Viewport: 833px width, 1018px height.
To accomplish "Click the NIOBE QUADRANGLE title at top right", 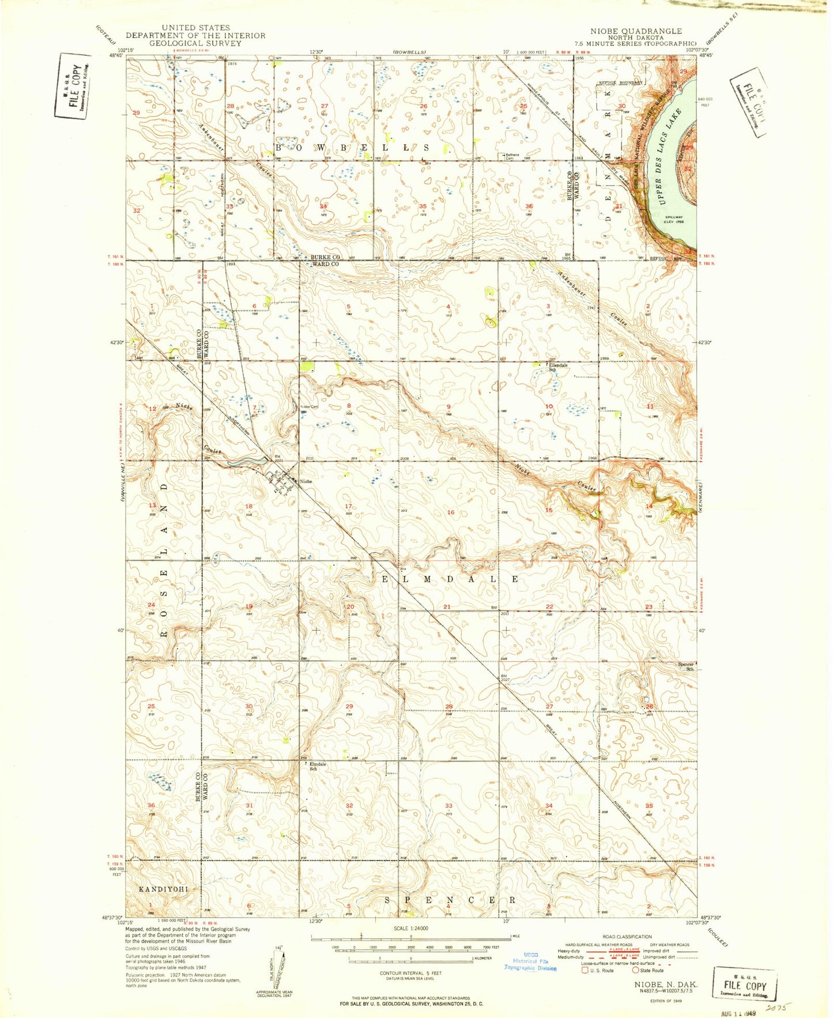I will [635, 31].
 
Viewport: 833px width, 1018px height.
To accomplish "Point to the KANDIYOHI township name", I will [163, 889].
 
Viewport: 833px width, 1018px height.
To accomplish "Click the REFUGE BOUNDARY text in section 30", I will [620, 83].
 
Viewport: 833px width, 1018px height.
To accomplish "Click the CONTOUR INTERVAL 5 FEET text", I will [410, 973].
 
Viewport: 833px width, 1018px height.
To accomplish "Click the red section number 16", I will [451, 512].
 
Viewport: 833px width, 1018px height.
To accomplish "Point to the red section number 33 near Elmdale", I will [448, 805].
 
